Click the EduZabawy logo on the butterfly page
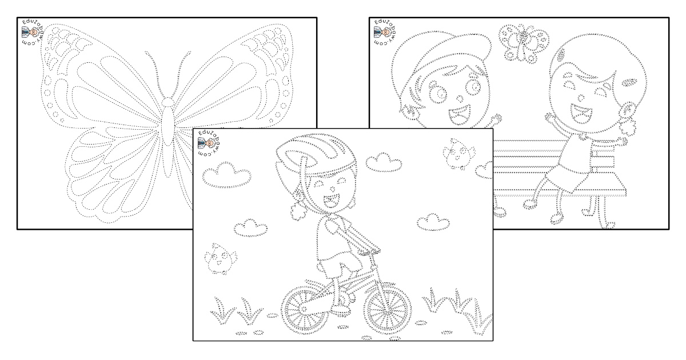(x=33, y=33)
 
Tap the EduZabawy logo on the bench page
(x=385, y=33)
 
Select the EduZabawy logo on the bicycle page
(x=209, y=143)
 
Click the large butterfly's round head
(x=167, y=102)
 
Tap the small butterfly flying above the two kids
(x=523, y=43)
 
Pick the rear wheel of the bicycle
(x=305, y=311)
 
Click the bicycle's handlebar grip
(x=369, y=251)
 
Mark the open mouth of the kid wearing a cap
(x=460, y=115)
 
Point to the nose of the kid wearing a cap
(x=460, y=98)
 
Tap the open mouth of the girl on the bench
(x=581, y=113)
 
